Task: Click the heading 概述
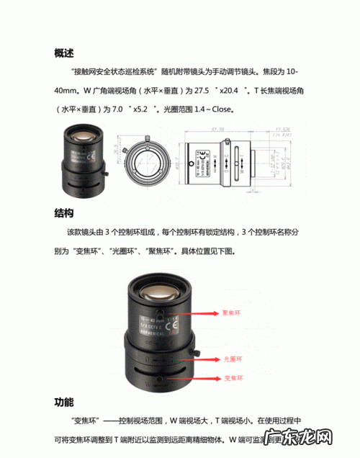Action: (64, 53)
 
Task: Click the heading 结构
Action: (64, 213)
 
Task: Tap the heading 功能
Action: (64, 401)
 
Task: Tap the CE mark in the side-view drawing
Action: (203, 154)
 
